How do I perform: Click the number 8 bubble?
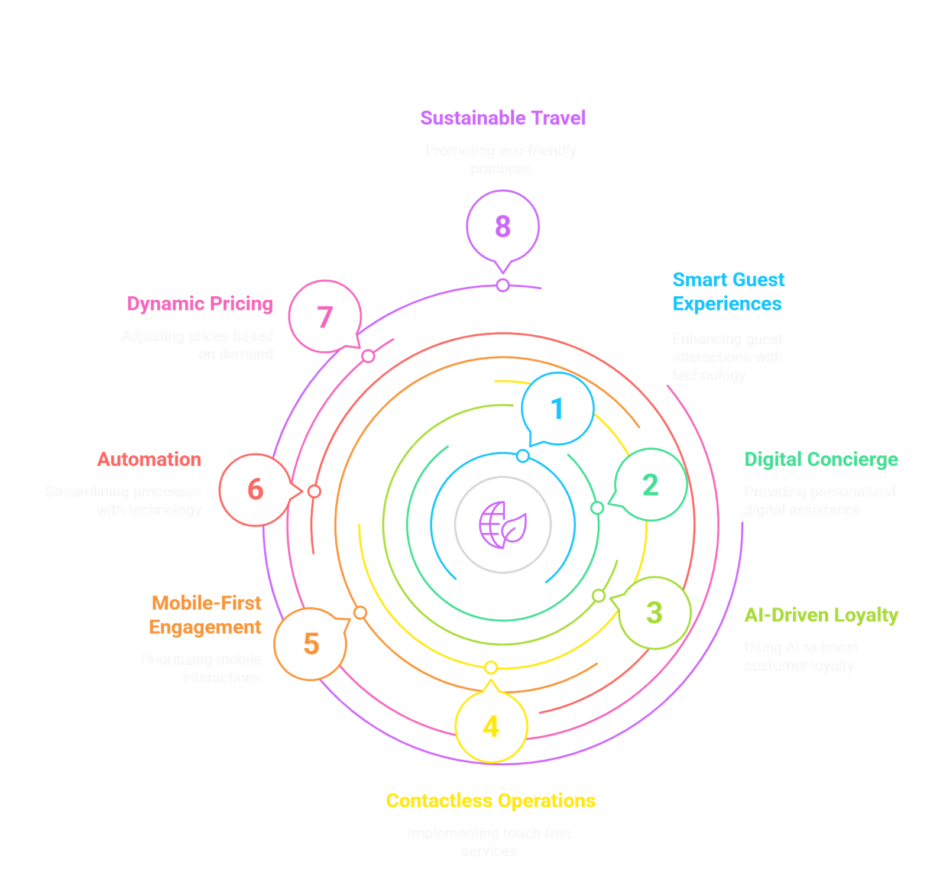click(x=503, y=226)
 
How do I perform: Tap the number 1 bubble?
click(x=557, y=409)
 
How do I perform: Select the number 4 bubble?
click(x=491, y=727)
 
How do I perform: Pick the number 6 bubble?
click(x=255, y=490)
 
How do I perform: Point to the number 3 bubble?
click(x=654, y=613)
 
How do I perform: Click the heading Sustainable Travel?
click(x=503, y=118)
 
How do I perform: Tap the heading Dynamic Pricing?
click(x=200, y=304)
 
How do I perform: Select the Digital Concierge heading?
click(x=821, y=459)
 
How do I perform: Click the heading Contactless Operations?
click(x=491, y=801)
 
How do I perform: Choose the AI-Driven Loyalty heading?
click(x=821, y=615)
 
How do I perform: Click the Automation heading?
click(x=150, y=459)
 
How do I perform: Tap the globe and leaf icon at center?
click(x=503, y=524)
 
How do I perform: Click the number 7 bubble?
click(x=325, y=317)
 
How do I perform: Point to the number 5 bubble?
click(x=311, y=643)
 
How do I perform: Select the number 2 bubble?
click(x=650, y=485)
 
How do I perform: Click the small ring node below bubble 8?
click(x=503, y=286)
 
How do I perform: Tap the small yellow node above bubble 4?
click(x=490, y=668)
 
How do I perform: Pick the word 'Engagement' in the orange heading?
click(x=205, y=627)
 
